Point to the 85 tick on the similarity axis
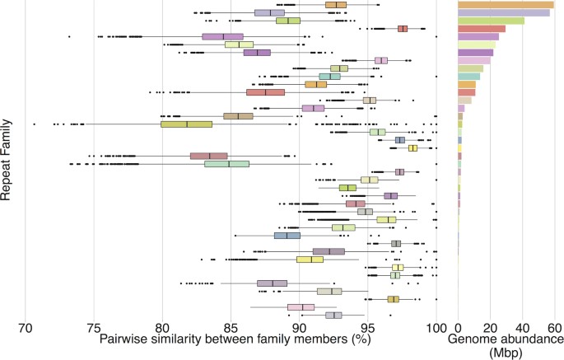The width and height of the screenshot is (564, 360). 231,326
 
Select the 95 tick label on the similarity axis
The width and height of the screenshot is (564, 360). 368,326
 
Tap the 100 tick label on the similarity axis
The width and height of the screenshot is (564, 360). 435,326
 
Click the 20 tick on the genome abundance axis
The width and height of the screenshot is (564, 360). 491,326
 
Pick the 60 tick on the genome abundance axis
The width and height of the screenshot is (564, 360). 556,326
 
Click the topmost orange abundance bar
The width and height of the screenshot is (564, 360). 506,5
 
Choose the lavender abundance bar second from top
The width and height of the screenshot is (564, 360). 503,13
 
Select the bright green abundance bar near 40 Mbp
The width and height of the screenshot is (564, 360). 491,21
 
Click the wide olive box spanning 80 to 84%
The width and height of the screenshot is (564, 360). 186,124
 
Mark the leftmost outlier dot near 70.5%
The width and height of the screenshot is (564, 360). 34,124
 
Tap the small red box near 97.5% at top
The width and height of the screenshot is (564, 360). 403,29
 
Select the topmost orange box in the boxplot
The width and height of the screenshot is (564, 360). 336,5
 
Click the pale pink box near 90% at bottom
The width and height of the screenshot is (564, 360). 301,307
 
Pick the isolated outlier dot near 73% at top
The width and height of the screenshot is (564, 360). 68,36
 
